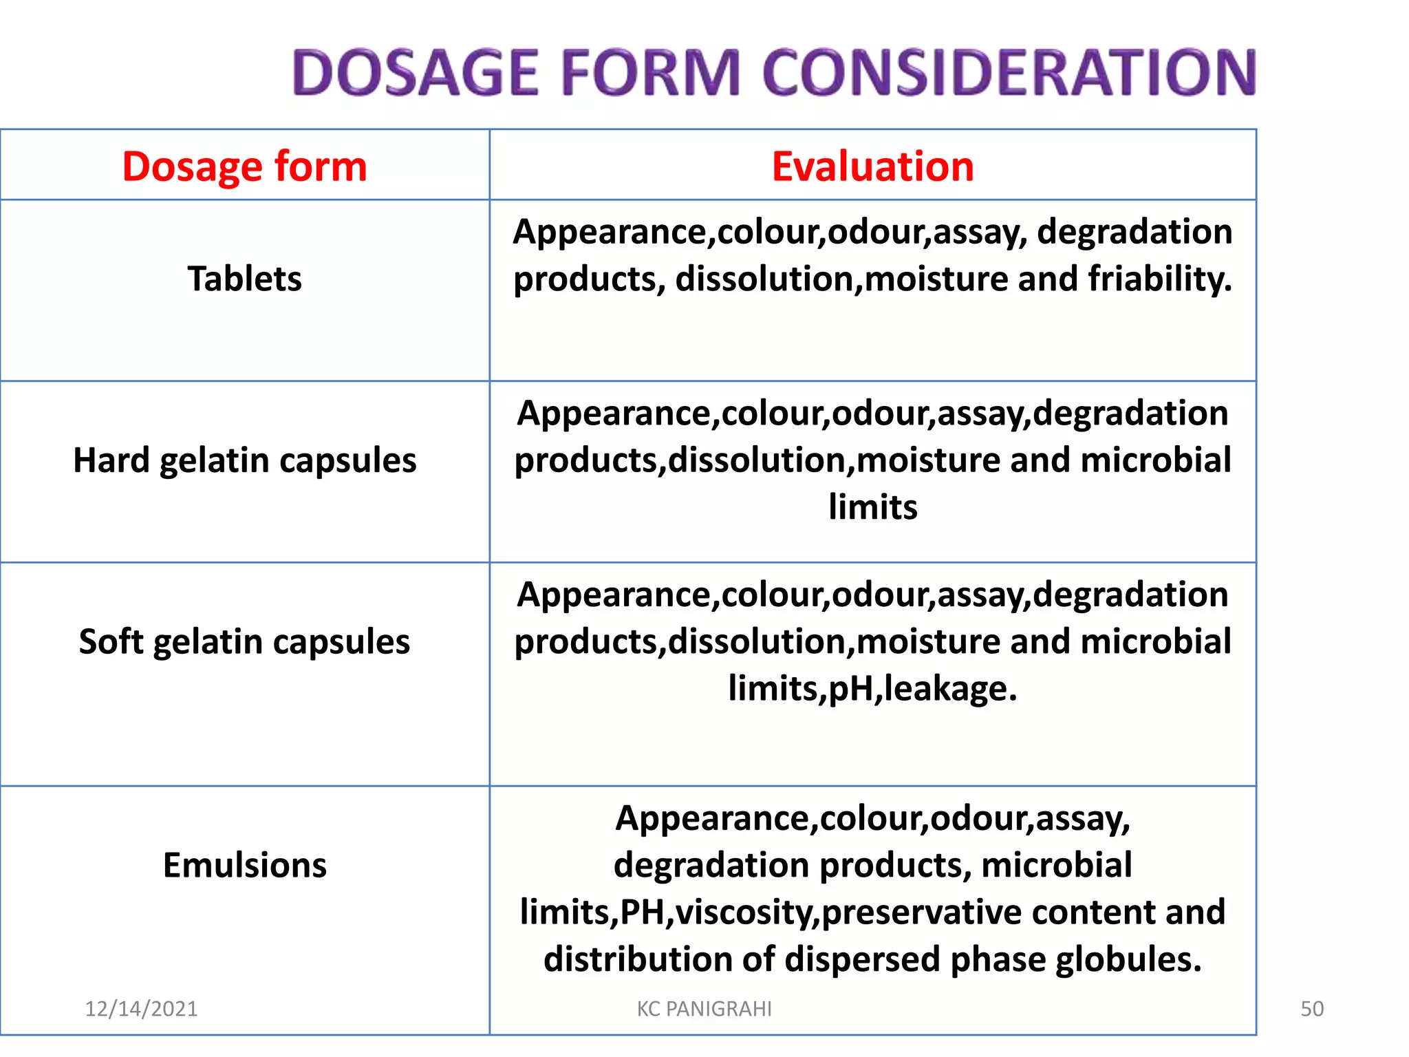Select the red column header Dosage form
pyautogui.click(x=244, y=167)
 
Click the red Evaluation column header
pyautogui.click(x=872, y=167)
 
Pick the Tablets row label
pyautogui.click(x=244, y=279)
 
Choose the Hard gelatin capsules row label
pyautogui.click(x=244, y=460)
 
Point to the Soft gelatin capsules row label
pyautogui.click(x=244, y=641)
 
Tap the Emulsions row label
pyautogui.click(x=244, y=865)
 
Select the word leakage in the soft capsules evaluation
pyautogui.click(x=949, y=688)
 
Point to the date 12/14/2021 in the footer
pyautogui.click(x=141, y=1009)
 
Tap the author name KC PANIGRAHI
pyautogui.click(x=704, y=1009)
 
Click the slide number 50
pyautogui.click(x=1312, y=1009)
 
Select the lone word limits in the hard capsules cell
pyautogui.click(x=872, y=507)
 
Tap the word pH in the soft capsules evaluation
pyautogui.click(x=851, y=688)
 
